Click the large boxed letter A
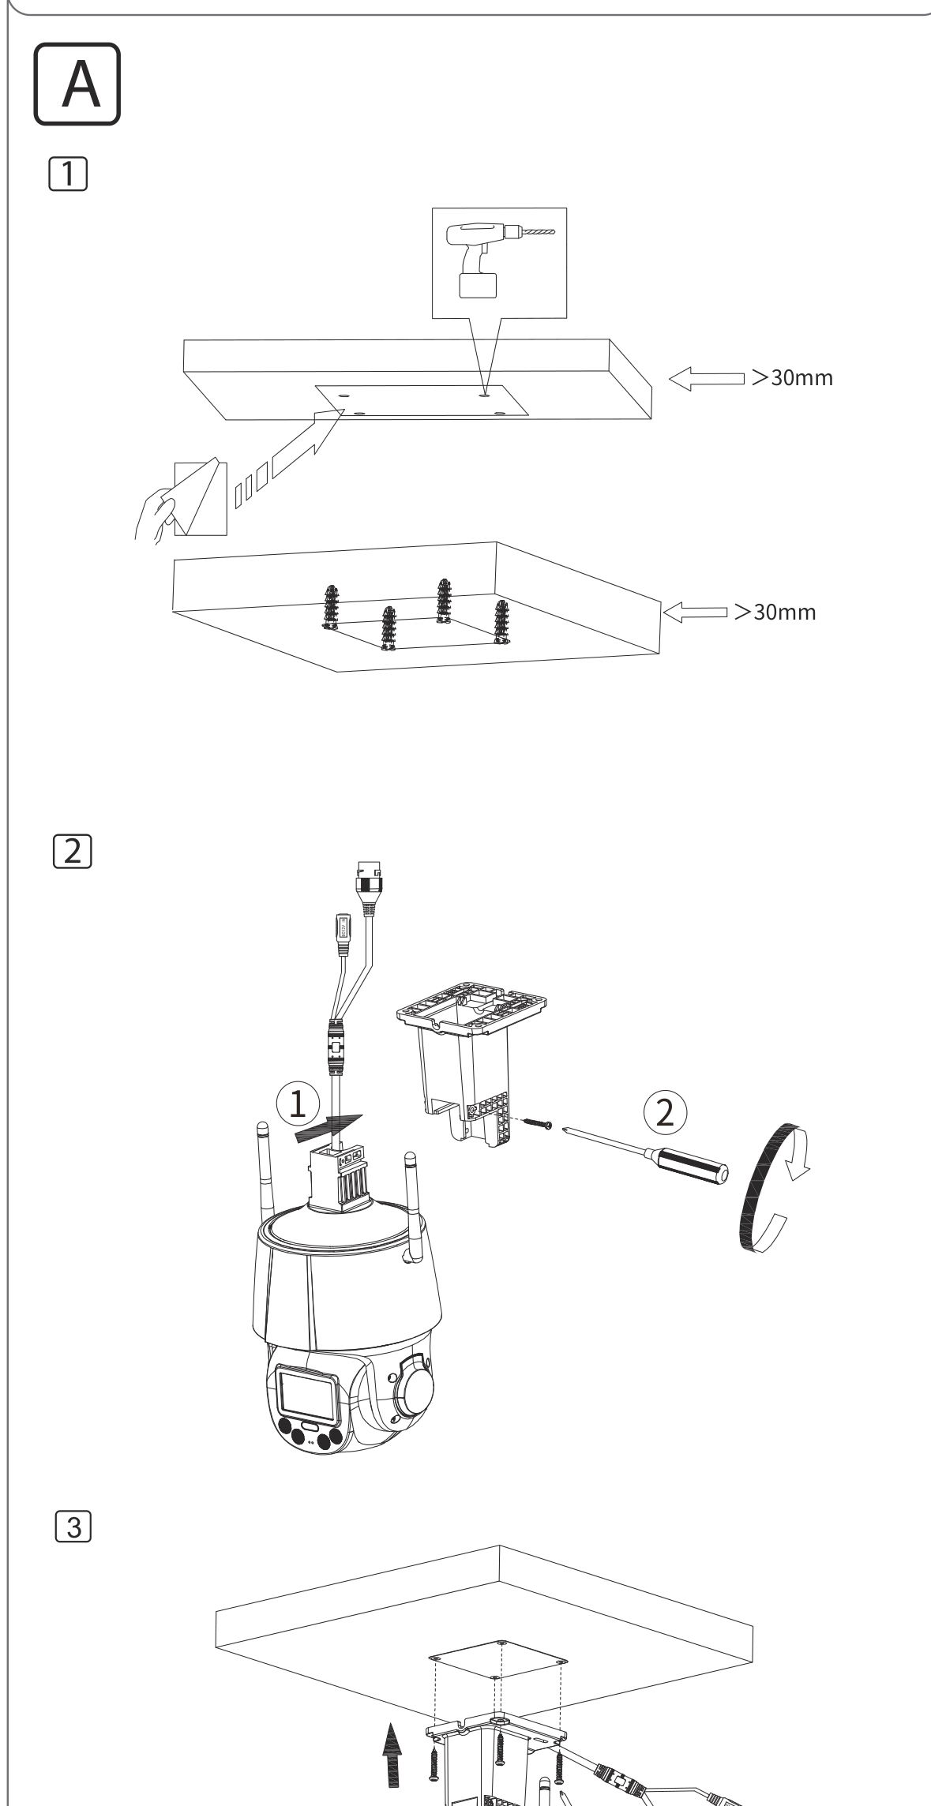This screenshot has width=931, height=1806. (77, 84)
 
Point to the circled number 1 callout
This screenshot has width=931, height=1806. (298, 1106)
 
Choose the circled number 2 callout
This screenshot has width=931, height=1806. (666, 1114)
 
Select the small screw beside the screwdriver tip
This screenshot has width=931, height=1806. (538, 1122)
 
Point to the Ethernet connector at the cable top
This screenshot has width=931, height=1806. (367, 887)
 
